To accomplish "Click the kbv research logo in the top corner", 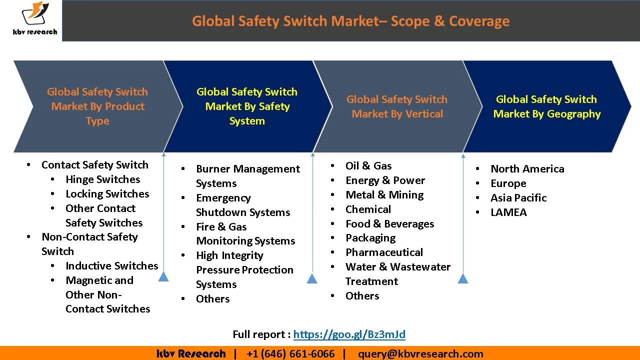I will (34, 20).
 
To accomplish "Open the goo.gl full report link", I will (349, 334).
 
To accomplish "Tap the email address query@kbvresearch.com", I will (420, 354).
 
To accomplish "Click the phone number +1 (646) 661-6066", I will (290, 354).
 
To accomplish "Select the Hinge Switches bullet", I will (102, 179).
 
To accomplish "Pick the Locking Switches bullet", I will (107, 194).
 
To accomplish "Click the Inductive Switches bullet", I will (111, 266).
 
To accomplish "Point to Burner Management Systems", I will (247, 176).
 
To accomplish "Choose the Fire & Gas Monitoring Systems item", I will (245, 234).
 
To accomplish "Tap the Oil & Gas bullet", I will (368, 166).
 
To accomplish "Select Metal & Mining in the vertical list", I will (384, 195).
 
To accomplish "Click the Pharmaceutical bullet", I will (384, 252).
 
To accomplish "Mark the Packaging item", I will (370, 238).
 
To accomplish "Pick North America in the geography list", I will (527, 169).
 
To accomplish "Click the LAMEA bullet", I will (508, 212).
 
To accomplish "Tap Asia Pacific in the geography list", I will (518, 198).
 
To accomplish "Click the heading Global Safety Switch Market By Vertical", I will (397, 106).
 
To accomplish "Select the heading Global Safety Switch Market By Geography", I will (546, 106).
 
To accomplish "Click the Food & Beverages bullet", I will (389, 224).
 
